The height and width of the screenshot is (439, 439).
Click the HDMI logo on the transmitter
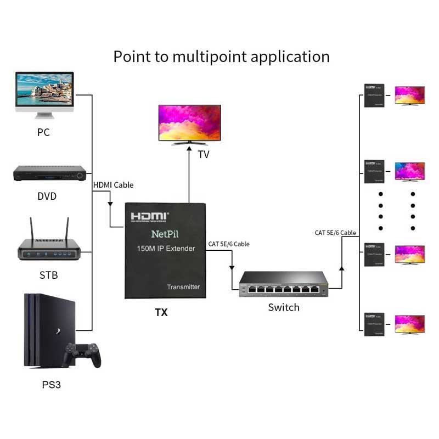[x=149, y=216]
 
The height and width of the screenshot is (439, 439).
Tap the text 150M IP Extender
[x=166, y=249]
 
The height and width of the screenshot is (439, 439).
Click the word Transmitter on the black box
[x=183, y=287]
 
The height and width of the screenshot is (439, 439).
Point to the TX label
[x=161, y=313]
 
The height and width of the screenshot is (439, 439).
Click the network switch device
[x=283, y=284]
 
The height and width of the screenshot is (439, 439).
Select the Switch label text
[x=284, y=307]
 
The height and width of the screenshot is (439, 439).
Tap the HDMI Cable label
[x=113, y=185]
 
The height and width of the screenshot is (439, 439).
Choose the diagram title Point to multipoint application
[x=221, y=57]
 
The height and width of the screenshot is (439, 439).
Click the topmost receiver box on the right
[x=377, y=95]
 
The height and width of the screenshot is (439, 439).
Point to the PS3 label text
[x=52, y=385]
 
